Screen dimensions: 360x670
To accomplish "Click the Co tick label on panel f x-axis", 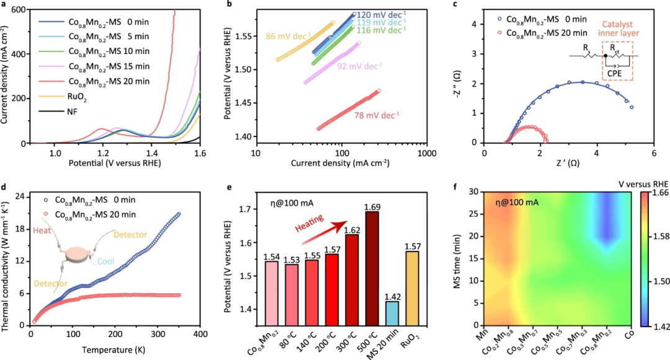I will click(630, 333).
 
